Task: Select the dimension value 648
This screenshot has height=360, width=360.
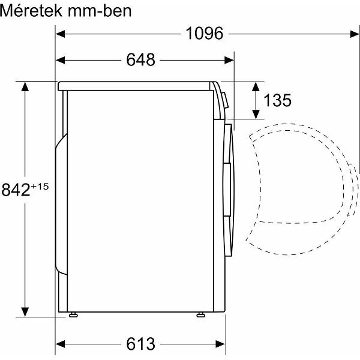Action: pos(141,60)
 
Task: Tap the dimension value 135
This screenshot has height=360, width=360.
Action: pos(277,100)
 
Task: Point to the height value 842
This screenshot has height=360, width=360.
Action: pos(16,190)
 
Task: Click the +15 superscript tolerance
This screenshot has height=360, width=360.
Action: pos(39,187)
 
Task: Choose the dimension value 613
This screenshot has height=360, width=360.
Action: pos(141,344)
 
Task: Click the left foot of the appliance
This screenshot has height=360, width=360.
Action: pos(73,313)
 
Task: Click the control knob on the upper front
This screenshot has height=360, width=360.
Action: pos(223,100)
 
